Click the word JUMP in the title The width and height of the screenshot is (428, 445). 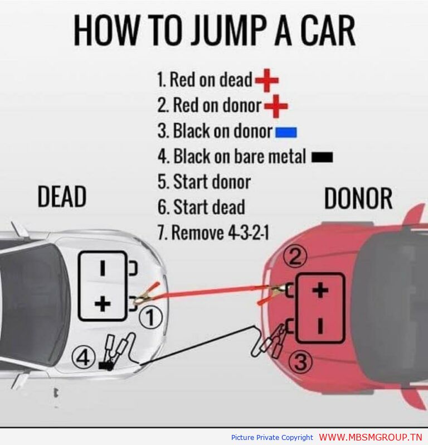coord(229,31)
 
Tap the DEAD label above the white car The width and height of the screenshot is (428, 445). coord(62,196)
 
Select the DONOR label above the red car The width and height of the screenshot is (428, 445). coord(358,199)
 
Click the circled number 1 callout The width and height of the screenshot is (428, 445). coord(151,317)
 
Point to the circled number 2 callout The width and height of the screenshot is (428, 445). coord(295,257)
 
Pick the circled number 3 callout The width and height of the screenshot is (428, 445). coord(300,361)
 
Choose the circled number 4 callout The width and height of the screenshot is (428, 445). coord(84,357)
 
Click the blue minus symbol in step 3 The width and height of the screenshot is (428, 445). coord(286,132)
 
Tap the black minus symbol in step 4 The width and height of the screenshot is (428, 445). coord(322,157)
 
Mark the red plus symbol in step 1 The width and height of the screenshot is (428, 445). coord(267,80)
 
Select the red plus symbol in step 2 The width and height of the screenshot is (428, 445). coord(276,106)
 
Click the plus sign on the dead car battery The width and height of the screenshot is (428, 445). coord(103,304)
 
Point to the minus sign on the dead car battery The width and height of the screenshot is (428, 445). coord(103,268)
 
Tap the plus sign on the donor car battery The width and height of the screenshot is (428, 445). coord(320,290)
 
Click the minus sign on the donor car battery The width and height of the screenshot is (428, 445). coord(320,326)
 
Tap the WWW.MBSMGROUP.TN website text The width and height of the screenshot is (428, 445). coord(371,437)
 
